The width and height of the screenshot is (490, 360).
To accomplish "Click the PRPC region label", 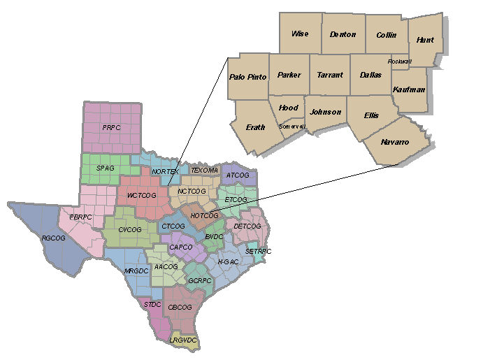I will click(112, 128).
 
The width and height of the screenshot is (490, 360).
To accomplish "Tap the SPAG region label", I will click(106, 168).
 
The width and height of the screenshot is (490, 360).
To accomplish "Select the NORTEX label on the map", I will click(165, 171).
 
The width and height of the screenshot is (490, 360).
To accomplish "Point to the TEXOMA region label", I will click(205, 170).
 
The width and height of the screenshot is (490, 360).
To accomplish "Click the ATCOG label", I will click(238, 175).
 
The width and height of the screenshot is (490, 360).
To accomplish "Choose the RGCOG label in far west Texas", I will click(53, 238).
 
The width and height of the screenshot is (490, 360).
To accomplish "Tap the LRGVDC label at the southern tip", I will click(184, 340).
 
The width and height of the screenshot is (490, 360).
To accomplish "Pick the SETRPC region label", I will click(258, 251).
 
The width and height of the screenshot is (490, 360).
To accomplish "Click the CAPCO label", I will click(181, 247).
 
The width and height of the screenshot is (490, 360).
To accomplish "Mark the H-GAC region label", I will click(228, 261).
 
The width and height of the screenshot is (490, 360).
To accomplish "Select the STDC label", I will click(152, 304).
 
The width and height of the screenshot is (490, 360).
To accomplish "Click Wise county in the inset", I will click(300, 34).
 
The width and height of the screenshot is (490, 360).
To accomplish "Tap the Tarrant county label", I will click(330, 75).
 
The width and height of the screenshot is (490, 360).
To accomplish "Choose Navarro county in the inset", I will click(395, 142).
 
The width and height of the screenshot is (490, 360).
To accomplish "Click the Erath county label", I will click(256, 127).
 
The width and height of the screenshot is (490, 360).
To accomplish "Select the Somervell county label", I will click(292, 127).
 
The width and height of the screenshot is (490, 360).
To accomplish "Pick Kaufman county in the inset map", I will click(409, 89).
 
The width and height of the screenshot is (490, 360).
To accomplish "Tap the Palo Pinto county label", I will click(248, 77).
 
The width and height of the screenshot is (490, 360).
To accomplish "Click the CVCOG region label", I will click(129, 229).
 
